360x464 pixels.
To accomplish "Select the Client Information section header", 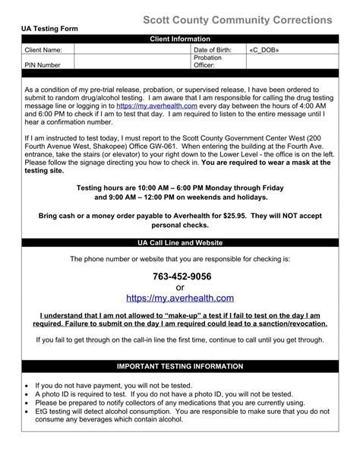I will (x=179, y=37).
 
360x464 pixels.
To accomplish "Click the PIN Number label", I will (x=43, y=65).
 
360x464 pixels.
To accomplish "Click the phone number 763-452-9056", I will (x=180, y=276).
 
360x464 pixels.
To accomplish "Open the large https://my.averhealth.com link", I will (x=180, y=298).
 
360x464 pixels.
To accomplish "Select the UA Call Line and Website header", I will (x=179, y=243).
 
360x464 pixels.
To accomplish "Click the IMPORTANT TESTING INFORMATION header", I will (x=179, y=365).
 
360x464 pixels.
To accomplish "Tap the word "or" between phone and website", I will (x=180, y=287).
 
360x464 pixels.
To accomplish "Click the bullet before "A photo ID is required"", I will (x=27, y=394).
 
